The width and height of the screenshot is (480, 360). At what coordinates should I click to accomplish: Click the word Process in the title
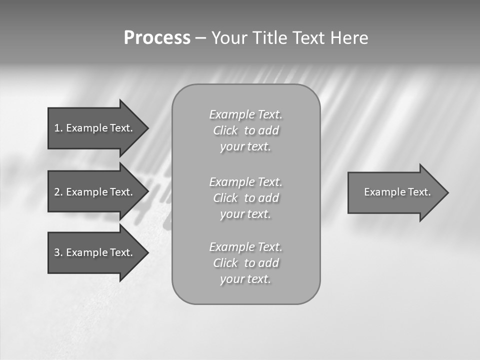pyautogui.click(x=157, y=38)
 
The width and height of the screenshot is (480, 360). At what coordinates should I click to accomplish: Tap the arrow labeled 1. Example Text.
pyautogui.click(x=95, y=128)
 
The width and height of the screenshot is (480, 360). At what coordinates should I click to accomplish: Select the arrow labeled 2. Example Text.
pyautogui.click(x=95, y=192)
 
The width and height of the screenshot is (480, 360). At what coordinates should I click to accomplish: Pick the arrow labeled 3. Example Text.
pyautogui.click(x=95, y=252)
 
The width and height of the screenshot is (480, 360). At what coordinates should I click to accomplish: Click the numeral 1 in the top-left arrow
pyautogui.click(x=57, y=128)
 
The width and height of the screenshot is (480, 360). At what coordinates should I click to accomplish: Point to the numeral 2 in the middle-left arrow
pyautogui.click(x=57, y=192)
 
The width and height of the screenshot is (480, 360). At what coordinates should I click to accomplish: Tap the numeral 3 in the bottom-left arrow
pyautogui.click(x=57, y=252)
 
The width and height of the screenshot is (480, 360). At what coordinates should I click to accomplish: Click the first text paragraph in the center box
pyautogui.click(x=246, y=130)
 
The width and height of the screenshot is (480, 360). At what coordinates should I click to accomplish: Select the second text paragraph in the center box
pyautogui.click(x=246, y=198)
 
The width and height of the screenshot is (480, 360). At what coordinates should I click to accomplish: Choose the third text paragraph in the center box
pyautogui.click(x=246, y=263)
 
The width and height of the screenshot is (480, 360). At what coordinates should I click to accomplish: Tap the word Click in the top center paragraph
pyautogui.click(x=225, y=130)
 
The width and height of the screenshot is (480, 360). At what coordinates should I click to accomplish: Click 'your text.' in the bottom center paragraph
pyautogui.click(x=245, y=279)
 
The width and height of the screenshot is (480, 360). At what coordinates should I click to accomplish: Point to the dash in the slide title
pyautogui.click(x=200, y=38)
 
